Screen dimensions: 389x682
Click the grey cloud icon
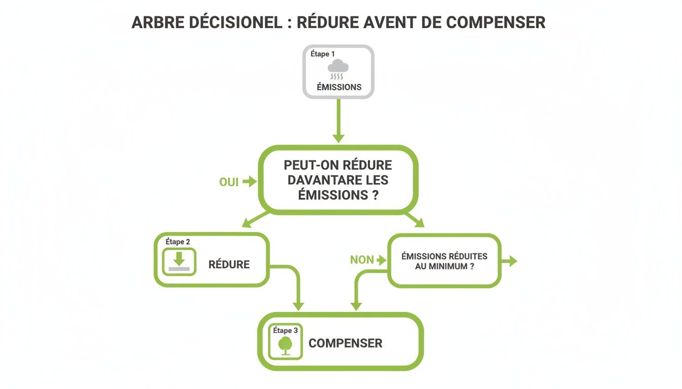point(338,66)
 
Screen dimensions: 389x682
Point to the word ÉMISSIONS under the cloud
point(339,87)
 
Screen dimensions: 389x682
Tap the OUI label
point(229,182)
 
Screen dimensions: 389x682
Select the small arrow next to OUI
point(250,181)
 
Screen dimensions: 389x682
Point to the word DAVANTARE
point(323,180)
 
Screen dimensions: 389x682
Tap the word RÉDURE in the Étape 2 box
point(229,264)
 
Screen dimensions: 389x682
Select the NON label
point(362,260)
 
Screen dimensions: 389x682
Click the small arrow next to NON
point(382,260)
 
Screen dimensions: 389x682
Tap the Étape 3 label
point(286,330)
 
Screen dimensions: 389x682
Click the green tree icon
point(285,345)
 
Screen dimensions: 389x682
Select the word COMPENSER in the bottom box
point(346,343)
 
